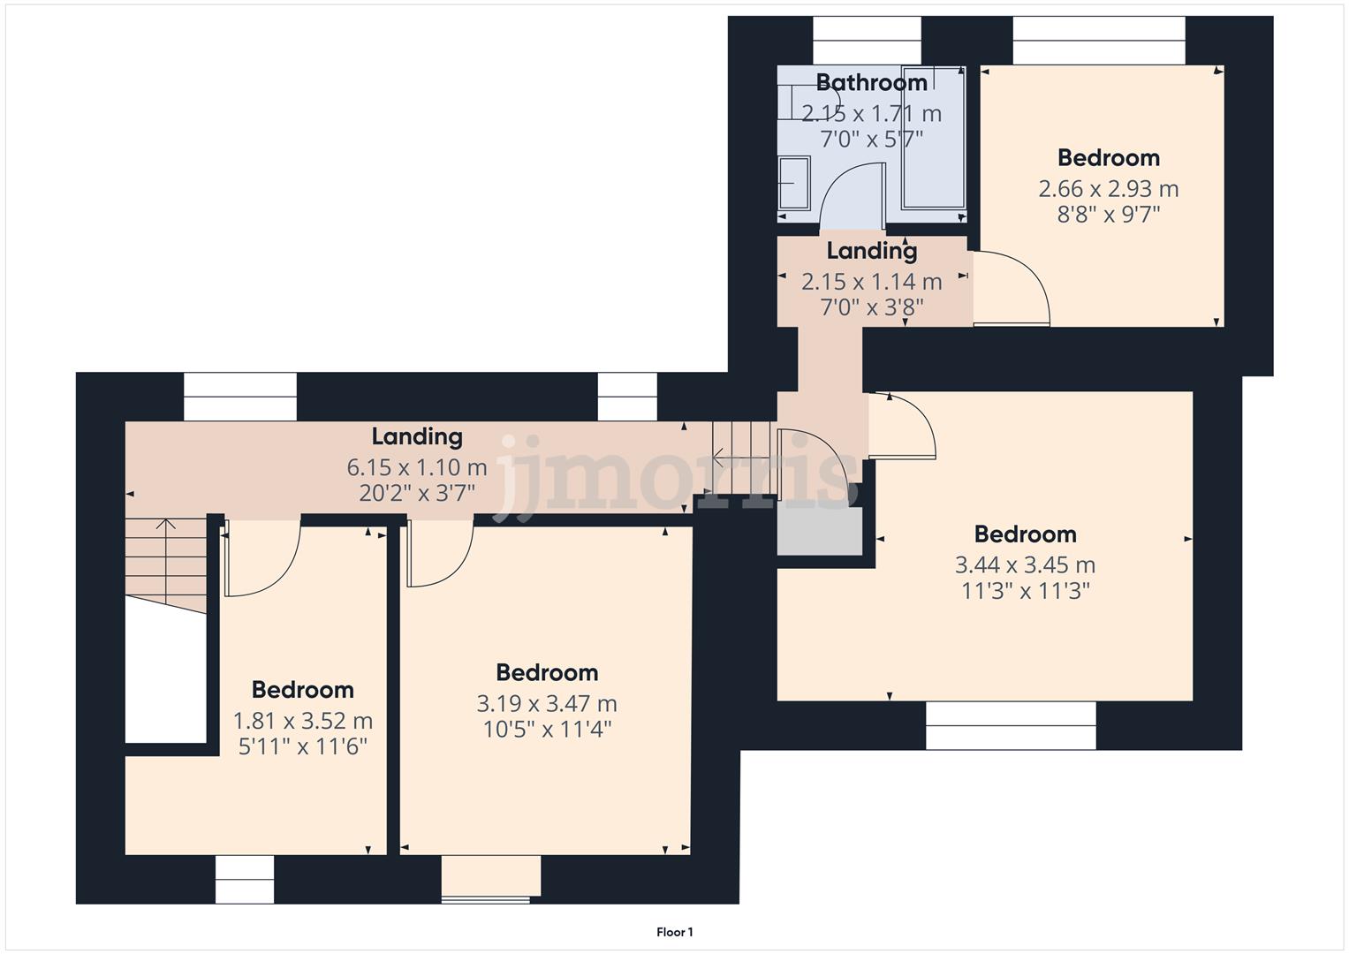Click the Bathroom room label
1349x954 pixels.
click(871, 83)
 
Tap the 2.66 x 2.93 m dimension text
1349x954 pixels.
click(1108, 189)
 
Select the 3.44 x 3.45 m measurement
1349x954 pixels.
click(1025, 565)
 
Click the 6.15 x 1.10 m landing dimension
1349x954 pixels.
click(417, 467)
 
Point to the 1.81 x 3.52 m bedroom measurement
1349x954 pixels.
click(302, 721)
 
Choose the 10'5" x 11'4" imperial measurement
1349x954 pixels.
click(547, 730)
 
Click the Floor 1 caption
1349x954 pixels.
click(674, 932)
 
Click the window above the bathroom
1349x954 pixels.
click(867, 41)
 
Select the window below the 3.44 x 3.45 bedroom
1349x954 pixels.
click(1011, 725)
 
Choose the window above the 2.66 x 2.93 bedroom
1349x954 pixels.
click(1098, 41)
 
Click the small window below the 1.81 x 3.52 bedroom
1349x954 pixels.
click(245, 880)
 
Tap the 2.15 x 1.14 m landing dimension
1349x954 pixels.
click(871, 282)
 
